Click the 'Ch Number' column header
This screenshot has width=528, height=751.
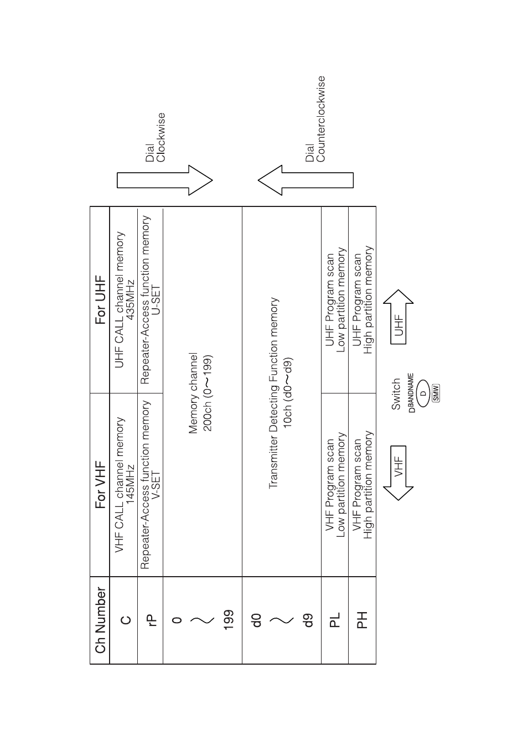click(x=100, y=620)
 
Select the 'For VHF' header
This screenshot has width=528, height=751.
click(x=100, y=485)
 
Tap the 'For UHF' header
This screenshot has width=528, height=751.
click(x=100, y=300)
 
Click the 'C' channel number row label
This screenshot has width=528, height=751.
click(x=126, y=620)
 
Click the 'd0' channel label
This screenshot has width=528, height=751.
click(x=256, y=620)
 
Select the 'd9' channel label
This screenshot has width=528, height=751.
click(x=309, y=620)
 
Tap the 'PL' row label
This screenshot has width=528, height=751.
click(x=335, y=620)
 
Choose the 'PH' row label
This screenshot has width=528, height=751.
click(x=362, y=620)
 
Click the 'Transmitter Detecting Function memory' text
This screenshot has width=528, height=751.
click(x=273, y=392)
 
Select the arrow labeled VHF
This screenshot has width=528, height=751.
click(x=398, y=473)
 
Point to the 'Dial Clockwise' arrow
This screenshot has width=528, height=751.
click(x=165, y=180)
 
